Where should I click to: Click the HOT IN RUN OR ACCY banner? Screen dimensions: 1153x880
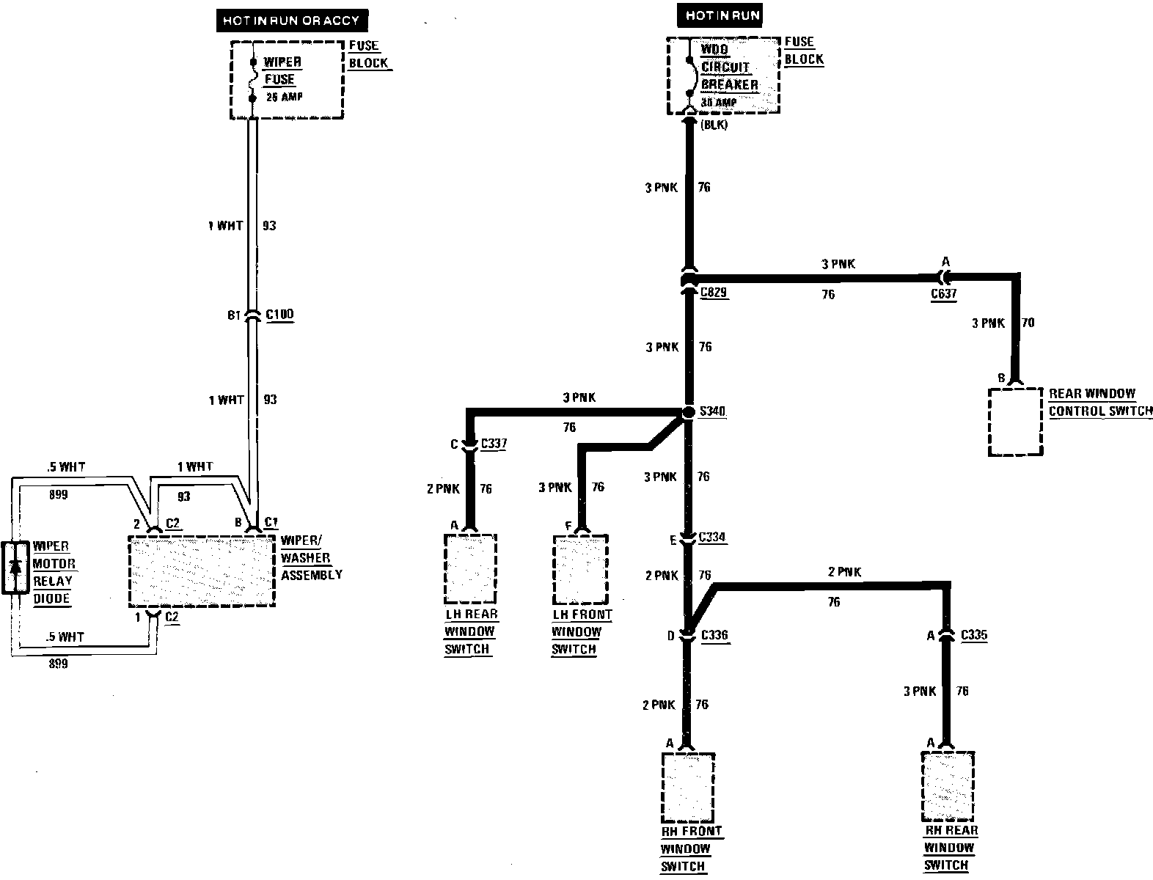pyautogui.click(x=290, y=21)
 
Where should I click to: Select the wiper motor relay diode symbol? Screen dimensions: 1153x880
pyautogui.click(x=15, y=567)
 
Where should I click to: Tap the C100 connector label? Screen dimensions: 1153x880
pyautogui.click(x=279, y=315)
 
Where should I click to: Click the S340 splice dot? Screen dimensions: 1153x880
pyautogui.click(x=688, y=412)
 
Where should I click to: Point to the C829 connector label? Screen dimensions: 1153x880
pyautogui.click(x=714, y=293)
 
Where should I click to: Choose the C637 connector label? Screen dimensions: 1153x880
pyautogui.click(x=944, y=294)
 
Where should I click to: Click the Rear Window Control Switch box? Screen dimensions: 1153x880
pyautogui.click(x=1015, y=422)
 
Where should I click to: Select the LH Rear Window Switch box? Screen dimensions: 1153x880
pyautogui.click(x=470, y=568)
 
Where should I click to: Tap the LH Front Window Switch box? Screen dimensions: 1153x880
pyautogui.click(x=580, y=568)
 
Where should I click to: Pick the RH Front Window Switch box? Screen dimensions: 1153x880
pyautogui.click(x=687, y=787)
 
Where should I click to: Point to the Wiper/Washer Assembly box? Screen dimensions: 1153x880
pyautogui.click(x=202, y=571)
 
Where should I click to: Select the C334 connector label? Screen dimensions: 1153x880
pyautogui.click(x=711, y=538)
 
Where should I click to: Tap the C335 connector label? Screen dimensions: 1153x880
pyautogui.click(x=973, y=634)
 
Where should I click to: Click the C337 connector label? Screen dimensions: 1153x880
pyautogui.click(x=493, y=444)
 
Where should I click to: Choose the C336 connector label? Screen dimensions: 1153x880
pyautogui.click(x=714, y=634)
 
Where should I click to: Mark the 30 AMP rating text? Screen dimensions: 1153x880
pyautogui.click(x=718, y=103)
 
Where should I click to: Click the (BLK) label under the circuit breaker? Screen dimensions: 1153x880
pyautogui.click(x=714, y=125)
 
